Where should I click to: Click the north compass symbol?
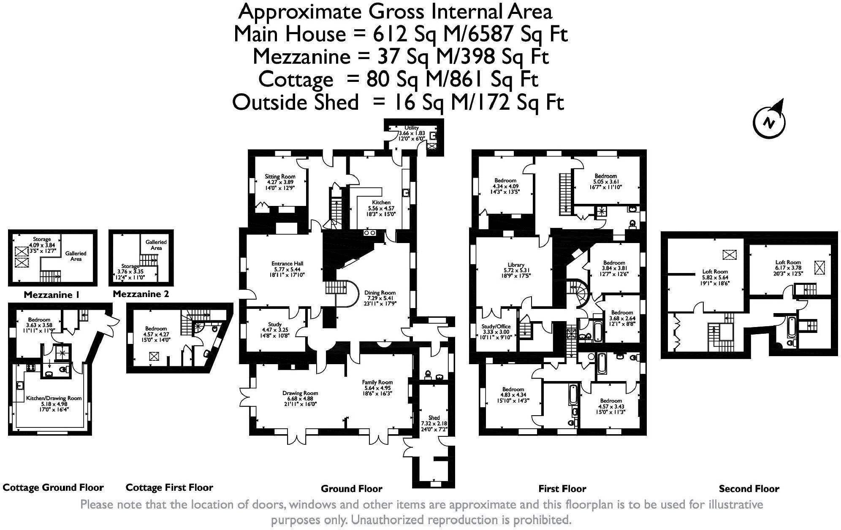tap(770, 122)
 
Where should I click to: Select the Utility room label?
tap(411, 128)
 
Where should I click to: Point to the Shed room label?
tap(434, 418)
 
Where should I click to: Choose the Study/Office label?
tap(496, 326)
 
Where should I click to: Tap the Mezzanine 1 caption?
tap(52, 295)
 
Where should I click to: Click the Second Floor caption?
tap(749, 489)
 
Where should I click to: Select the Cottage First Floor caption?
tap(169, 488)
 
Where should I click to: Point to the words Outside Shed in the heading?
tap(295, 102)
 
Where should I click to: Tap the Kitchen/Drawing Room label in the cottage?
tap(54, 398)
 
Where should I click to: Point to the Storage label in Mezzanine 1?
tap(42, 239)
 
